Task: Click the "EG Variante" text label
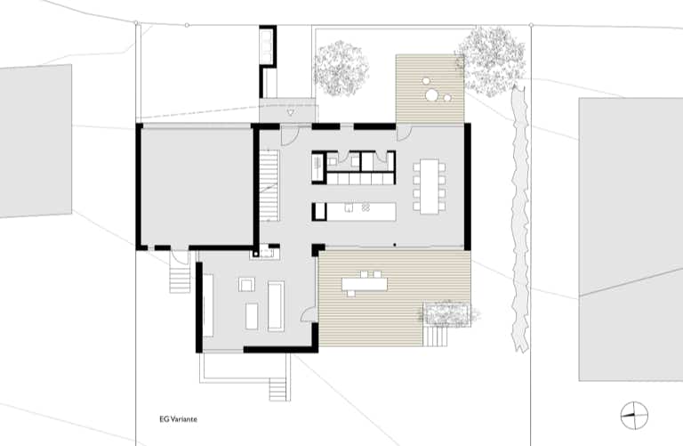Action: click(x=178, y=419)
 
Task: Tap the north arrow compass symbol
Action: click(x=634, y=416)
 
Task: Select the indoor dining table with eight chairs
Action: click(x=429, y=187)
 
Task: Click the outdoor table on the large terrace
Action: click(x=364, y=284)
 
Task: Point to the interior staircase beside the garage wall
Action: click(x=269, y=185)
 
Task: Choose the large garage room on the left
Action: click(x=196, y=187)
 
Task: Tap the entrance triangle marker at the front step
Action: click(x=291, y=112)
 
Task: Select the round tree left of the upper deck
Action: click(x=341, y=69)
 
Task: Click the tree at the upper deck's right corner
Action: click(x=490, y=61)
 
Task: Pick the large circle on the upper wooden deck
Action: click(x=432, y=95)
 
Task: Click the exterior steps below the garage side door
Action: click(x=180, y=276)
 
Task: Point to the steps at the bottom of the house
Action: click(x=279, y=389)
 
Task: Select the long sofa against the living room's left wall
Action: click(x=208, y=305)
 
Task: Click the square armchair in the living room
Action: click(x=247, y=285)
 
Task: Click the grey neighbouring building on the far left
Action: click(x=36, y=141)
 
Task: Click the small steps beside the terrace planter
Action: click(x=436, y=337)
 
